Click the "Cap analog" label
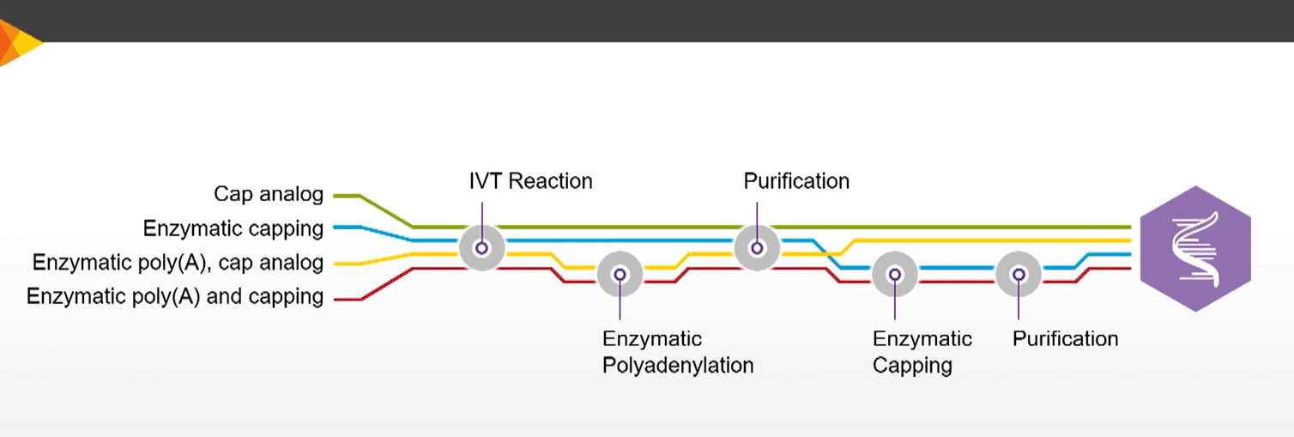pyautogui.click(x=268, y=195)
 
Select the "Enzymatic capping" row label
pyautogui.click(x=233, y=229)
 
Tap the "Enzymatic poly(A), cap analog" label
pyautogui.click(x=178, y=263)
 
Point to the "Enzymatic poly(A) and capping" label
pyautogui.click(x=175, y=297)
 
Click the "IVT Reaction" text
pyautogui.click(x=530, y=181)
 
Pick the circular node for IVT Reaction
pyautogui.click(x=481, y=248)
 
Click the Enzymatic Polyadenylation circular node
pyautogui.click(x=620, y=275)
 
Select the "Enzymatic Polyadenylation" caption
pyautogui.click(x=677, y=352)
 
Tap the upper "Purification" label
pyautogui.click(x=796, y=181)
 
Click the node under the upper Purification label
pyautogui.click(x=757, y=248)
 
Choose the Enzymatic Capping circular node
pyautogui.click(x=895, y=275)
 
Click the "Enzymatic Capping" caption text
pyautogui.click(x=922, y=352)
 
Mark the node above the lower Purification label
pyautogui.click(x=1019, y=275)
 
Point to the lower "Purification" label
pyautogui.click(x=1065, y=338)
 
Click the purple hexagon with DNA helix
pyautogui.click(x=1194, y=248)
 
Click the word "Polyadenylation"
pyautogui.click(x=677, y=366)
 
